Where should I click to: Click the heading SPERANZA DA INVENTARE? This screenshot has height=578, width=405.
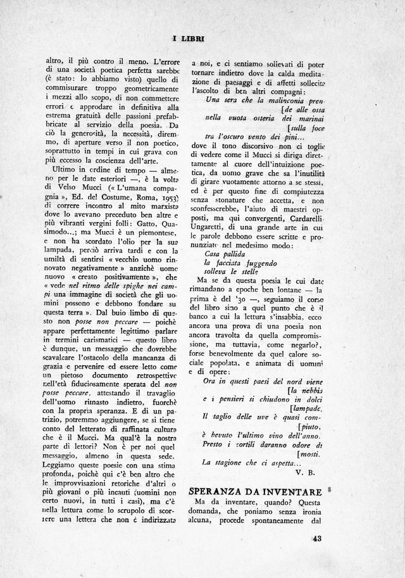coord(256,492)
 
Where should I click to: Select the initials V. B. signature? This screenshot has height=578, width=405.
coord(306,472)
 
